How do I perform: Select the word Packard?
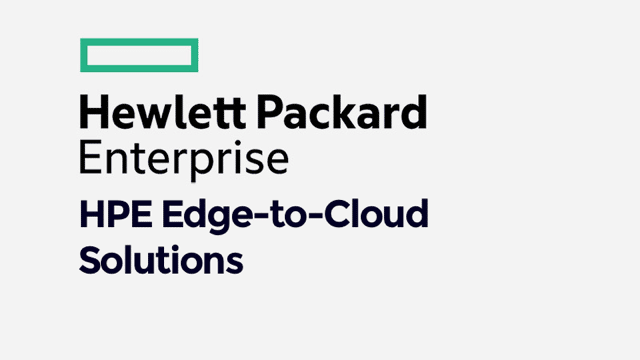[x=345, y=113]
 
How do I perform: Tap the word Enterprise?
[x=184, y=159]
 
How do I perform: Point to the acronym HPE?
[x=109, y=215]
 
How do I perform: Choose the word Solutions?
[x=160, y=260]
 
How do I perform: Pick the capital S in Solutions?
[x=91, y=260]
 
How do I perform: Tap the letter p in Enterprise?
[x=199, y=164]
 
